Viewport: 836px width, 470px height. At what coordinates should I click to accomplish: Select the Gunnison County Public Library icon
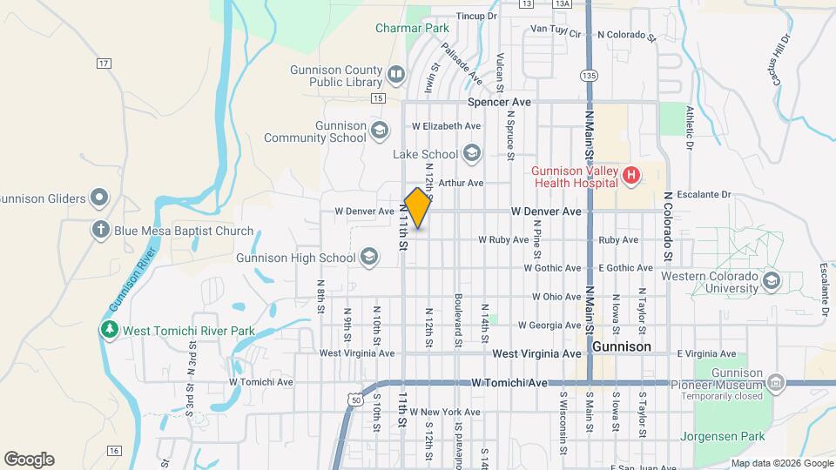(x=396, y=76)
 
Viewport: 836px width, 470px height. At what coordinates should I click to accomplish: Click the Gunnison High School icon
(x=369, y=257)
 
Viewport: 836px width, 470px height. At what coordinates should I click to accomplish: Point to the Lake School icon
(x=472, y=154)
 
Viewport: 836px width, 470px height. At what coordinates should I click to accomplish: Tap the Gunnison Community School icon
(x=379, y=131)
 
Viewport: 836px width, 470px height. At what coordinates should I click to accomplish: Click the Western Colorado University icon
(x=771, y=281)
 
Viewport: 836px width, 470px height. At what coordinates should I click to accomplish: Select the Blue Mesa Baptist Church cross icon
(x=101, y=231)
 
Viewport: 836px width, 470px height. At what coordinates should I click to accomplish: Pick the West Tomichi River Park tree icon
(x=109, y=330)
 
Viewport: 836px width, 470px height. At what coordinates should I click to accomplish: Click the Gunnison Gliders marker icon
(x=101, y=198)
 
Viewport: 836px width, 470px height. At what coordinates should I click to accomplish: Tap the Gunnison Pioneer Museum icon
(x=776, y=383)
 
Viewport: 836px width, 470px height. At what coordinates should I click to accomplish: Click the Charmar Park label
(x=412, y=28)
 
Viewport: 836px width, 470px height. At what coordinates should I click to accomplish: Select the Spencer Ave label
(x=499, y=102)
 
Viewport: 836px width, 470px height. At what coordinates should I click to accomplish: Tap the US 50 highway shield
(x=354, y=398)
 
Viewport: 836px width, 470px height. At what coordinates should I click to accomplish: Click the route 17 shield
(x=104, y=64)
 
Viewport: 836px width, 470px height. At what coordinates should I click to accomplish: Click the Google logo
(x=29, y=459)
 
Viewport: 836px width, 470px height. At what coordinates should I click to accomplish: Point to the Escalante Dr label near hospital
(x=709, y=195)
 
